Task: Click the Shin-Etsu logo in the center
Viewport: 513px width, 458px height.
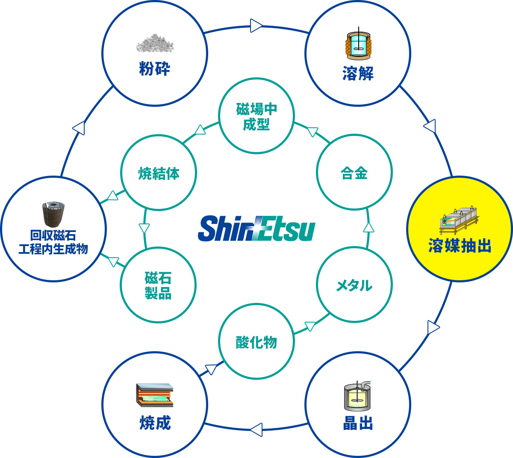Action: [x=256, y=228]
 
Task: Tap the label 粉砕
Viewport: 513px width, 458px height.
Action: [x=154, y=69]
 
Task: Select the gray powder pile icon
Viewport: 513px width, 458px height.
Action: [x=155, y=43]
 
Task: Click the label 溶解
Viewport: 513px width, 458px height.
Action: [x=358, y=73]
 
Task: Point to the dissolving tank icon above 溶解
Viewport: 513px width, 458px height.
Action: [x=358, y=44]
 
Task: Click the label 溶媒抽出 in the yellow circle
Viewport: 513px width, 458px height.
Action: [x=460, y=245]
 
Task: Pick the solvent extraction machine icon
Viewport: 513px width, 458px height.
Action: [x=459, y=220]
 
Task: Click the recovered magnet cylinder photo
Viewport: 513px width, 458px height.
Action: [x=53, y=214]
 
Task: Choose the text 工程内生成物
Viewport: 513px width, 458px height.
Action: [x=53, y=249]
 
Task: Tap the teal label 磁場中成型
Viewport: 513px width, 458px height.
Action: [x=256, y=116]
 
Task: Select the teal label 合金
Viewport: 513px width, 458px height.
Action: [x=354, y=173]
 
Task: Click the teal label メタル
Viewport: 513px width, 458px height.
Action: [x=354, y=285]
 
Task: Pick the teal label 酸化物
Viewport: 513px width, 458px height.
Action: [x=256, y=342]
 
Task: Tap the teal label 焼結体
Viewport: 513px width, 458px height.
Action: [x=159, y=173]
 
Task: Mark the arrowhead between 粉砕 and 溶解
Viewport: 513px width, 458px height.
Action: [x=256, y=26]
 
